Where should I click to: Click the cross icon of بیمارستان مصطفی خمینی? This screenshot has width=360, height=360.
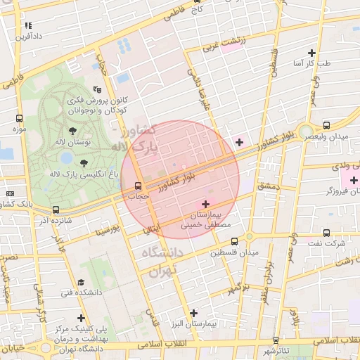[205, 203]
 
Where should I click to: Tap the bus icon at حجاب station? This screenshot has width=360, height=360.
[137, 186]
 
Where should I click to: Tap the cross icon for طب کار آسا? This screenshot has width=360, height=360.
[311, 53]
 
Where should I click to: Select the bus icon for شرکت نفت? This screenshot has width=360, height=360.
[326, 232]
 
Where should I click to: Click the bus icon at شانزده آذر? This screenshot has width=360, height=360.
[56, 209]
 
